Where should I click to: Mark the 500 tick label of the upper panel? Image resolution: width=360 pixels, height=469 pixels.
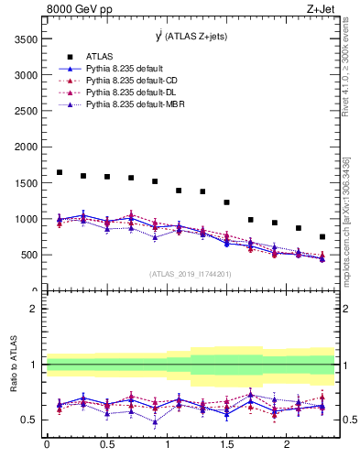tap(28, 255)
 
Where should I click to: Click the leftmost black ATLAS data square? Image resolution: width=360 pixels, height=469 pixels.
tap(60, 172)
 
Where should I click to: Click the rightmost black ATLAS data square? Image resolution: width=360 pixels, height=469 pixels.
tap(322, 236)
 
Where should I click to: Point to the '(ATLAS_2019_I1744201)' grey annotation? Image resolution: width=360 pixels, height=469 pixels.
tap(191, 274)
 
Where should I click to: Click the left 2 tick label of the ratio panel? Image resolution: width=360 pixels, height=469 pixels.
tap(33, 309)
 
